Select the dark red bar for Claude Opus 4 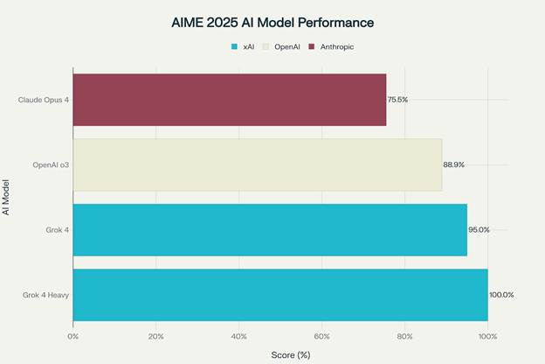(x=229, y=99)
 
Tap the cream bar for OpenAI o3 (x=257, y=164)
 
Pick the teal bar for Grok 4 (x=269, y=229)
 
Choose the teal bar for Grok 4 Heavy (x=279, y=295)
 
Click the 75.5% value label (x=397, y=100)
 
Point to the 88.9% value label (x=453, y=164)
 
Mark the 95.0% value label (x=479, y=230)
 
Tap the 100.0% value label (x=501, y=295)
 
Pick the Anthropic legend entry (x=332, y=45)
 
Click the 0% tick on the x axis (x=73, y=336)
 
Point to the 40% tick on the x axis (x=239, y=336)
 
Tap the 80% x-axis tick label (x=404, y=336)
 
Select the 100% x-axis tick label (x=487, y=336)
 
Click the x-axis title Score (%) (x=291, y=354)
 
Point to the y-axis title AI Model (x=8, y=197)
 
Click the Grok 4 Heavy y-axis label (x=46, y=295)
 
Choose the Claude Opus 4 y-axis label (x=44, y=100)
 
